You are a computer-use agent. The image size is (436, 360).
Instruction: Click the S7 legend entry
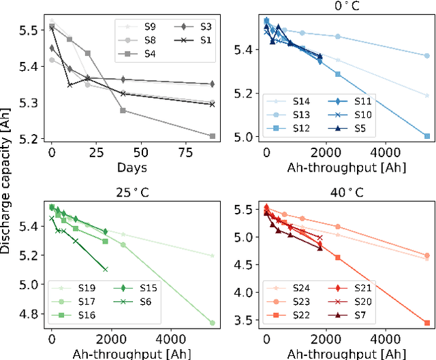click(x=364, y=314)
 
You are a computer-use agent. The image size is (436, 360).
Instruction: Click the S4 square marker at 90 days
click(x=213, y=136)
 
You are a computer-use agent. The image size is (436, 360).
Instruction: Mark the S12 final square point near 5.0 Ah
click(x=427, y=136)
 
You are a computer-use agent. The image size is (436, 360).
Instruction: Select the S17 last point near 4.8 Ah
click(x=213, y=323)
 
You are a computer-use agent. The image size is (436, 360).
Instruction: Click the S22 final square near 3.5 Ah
click(x=427, y=323)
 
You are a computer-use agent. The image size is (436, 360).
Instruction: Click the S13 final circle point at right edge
click(x=427, y=56)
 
